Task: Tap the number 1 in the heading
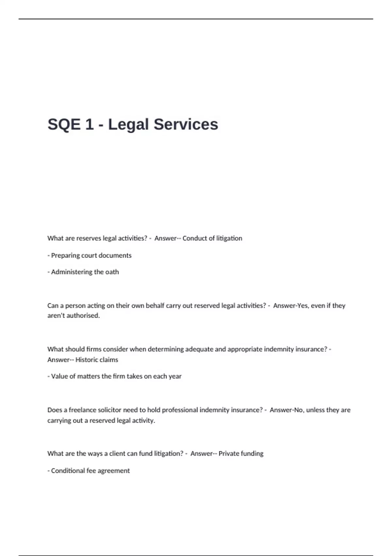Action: click(89, 125)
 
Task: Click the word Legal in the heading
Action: click(128, 125)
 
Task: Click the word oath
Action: click(112, 272)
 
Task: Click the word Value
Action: click(59, 376)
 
